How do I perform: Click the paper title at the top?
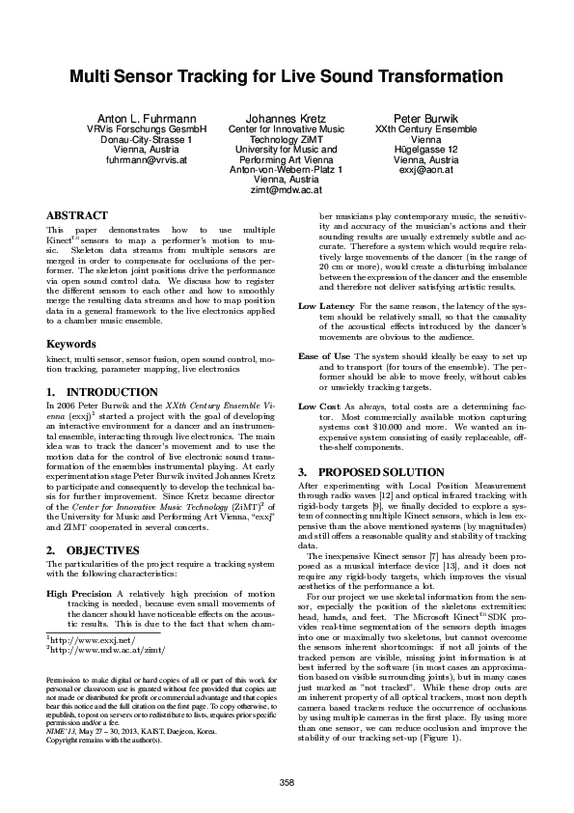[x=286, y=76]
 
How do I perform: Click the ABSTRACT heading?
[x=76, y=215]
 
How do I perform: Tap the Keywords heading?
[x=70, y=344]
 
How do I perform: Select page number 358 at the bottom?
[x=286, y=780]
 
